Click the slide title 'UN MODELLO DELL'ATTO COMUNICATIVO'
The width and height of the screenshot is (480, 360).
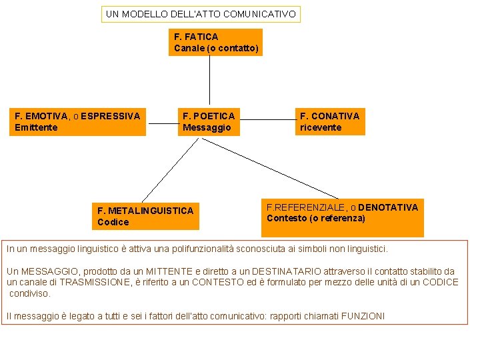[x=201, y=13]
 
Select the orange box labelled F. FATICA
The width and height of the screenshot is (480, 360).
[x=215, y=42]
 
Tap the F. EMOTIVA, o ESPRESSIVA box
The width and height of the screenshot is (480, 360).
[x=78, y=121]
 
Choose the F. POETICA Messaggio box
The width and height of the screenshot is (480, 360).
[x=209, y=121]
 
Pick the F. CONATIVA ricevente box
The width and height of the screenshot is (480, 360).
[x=330, y=121]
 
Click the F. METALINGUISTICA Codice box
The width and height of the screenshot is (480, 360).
[x=145, y=216]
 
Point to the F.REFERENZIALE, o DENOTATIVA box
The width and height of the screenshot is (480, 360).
[x=342, y=213]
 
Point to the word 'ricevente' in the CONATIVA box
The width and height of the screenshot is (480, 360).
[x=320, y=127]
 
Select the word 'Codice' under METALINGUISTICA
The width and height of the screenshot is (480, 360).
[x=113, y=222]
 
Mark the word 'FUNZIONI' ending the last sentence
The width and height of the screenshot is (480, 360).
[x=363, y=316]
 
